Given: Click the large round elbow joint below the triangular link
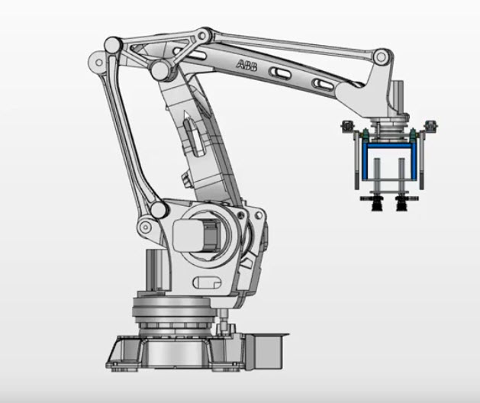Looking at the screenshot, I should (x=161, y=71).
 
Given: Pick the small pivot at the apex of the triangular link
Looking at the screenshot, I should (x=201, y=34).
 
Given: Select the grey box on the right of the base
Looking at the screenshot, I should (x=266, y=352).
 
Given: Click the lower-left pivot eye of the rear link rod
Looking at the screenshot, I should (x=144, y=226).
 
